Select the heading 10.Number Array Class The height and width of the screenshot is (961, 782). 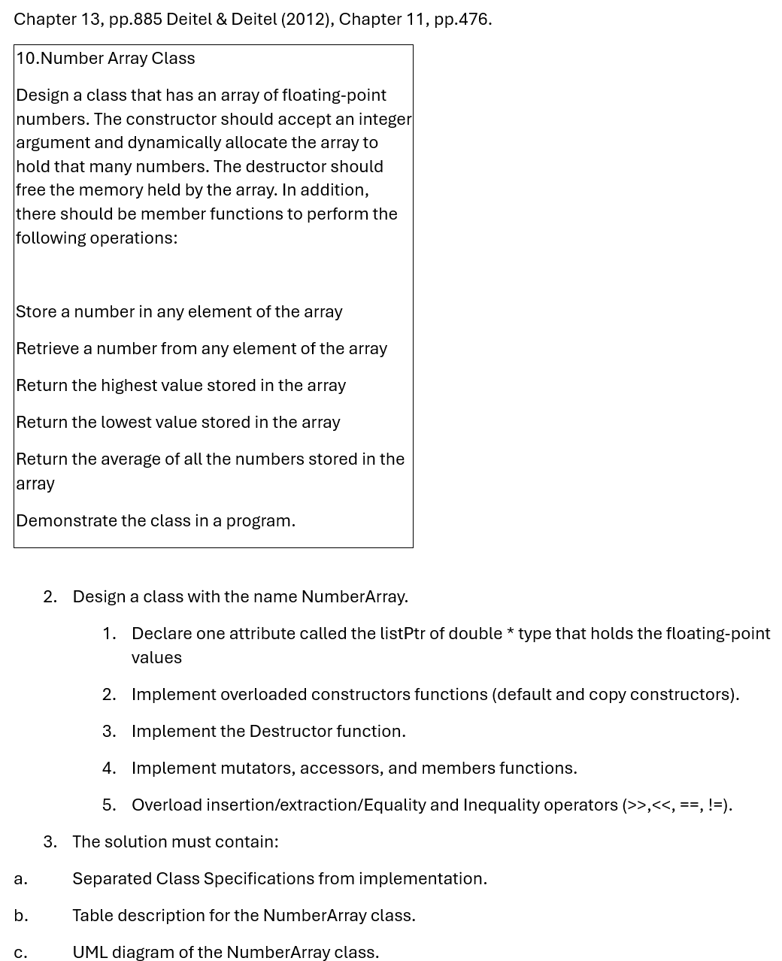[x=105, y=59]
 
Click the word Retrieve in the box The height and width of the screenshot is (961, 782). [x=47, y=349]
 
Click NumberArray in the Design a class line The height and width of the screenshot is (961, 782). [x=353, y=597]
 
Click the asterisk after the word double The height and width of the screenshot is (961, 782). [x=511, y=633]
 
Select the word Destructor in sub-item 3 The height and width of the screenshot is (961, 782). [x=290, y=732]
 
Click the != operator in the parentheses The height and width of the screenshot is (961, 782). [x=717, y=805]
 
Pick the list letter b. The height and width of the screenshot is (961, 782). [x=20, y=916]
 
